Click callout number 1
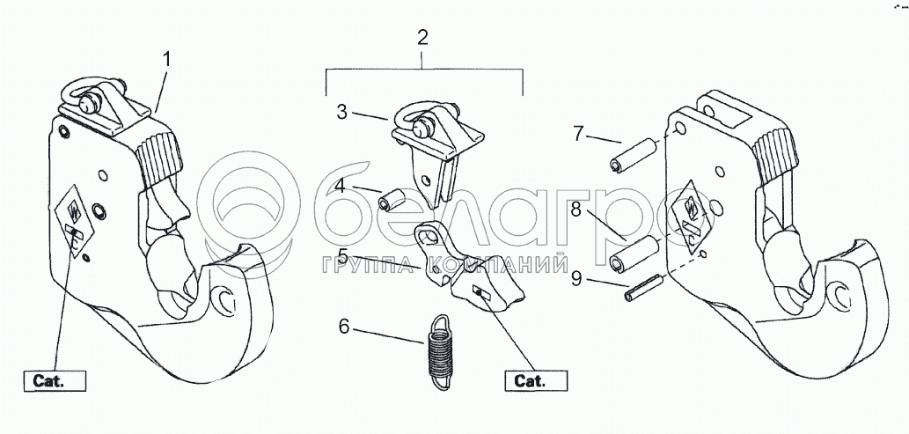coord(167,62)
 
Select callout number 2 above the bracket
coord(423,38)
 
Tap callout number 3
coord(343,112)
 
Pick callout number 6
coord(344,327)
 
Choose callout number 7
coord(578,134)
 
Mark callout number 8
coord(576,211)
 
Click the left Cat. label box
coord(54,382)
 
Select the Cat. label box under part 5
coord(536,382)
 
